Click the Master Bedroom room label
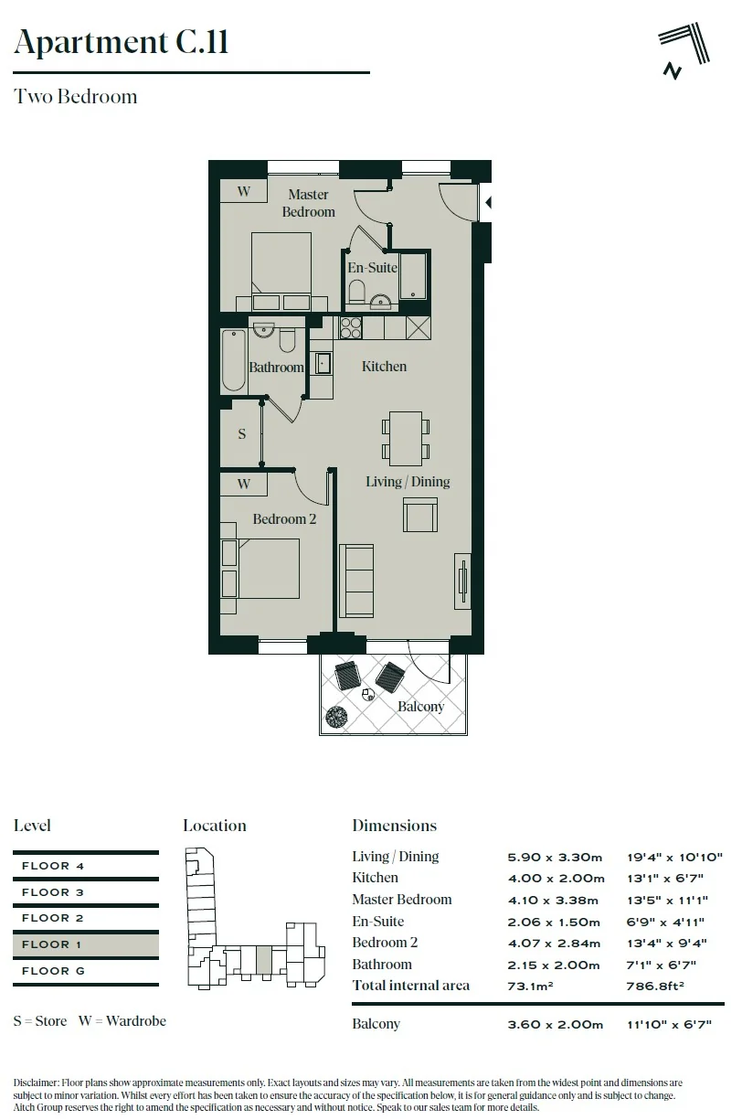pyautogui.click(x=308, y=203)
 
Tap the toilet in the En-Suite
pyautogui.click(x=356, y=291)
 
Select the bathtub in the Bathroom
pyautogui.click(x=233, y=360)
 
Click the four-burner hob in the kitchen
pyautogui.click(x=350, y=327)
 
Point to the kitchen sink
pyautogui.click(x=322, y=362)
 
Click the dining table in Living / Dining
pyautogui.click(x=405, y=438)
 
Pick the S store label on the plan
pyautogui.click(x=242, y=433)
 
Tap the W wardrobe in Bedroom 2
pyautogui.click(x=244, y=484)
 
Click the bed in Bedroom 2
pyautogui.click(x=269, y=569)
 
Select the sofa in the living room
pyautogui.click(x=356, y=581)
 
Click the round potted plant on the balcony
pyautogui.click(x=336, y=717)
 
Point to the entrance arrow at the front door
pyautogui.click(x=489, y=202)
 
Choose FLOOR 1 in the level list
pyautogui.click(x=51, y=944)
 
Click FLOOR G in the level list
pyautogui.click(x=54, y=971)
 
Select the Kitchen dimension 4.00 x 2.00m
pyautogui.click(x=556, y=879)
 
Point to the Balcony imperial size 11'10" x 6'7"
pyautogui.click(x=669, y=1025)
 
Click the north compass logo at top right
pyautogui.click(x=684, y=51)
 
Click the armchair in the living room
pyautogui.click(x=420, y=515)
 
